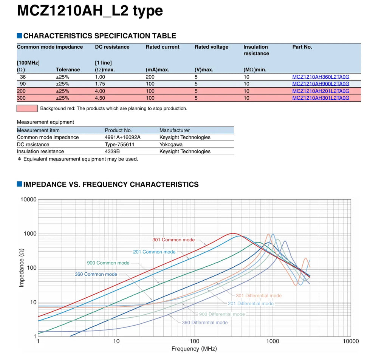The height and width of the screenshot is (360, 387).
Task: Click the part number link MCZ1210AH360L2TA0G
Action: point(320,77)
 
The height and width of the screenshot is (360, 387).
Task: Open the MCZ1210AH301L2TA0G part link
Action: point(320,98)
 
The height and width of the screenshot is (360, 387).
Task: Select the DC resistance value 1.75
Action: point(100,84)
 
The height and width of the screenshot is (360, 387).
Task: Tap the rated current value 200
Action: point(150,77)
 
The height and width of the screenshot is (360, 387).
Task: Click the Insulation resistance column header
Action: point(256,50)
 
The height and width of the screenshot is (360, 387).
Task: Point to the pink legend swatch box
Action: point(27,108)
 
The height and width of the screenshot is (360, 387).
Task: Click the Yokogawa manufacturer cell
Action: point(171,144)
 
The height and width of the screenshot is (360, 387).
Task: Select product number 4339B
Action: point(112,151)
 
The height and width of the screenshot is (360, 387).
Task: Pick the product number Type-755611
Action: point(119,144)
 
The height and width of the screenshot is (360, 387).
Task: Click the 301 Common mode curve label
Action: point(173,240)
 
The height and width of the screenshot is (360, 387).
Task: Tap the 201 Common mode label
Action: point(154,252)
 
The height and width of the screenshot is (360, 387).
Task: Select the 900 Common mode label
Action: point(108,263)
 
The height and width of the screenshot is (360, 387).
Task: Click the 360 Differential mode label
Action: point(205,323)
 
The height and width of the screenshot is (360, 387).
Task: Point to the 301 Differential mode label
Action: point(259,296)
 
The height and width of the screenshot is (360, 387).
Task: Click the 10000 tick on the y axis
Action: point(28,199)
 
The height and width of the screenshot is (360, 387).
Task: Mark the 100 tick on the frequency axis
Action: point(194,341)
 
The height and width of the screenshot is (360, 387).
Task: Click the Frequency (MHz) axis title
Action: point(194,349)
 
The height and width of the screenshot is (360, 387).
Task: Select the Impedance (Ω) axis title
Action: point(22,268)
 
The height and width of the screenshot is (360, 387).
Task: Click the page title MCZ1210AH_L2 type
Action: point(90,11)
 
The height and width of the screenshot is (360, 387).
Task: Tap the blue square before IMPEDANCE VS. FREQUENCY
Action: point(20,184)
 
